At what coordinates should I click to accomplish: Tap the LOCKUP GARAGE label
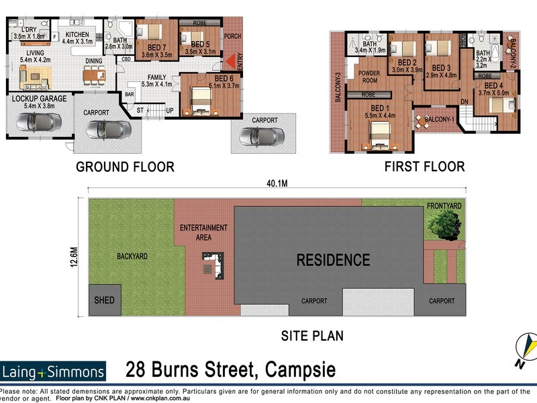click(40, 99)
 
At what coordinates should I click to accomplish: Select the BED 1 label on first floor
click(379, 108)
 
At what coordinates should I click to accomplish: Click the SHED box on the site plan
click(104, 301)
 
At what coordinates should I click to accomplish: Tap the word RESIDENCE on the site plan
click(333, 260)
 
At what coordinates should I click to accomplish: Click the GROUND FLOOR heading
click(124, 167)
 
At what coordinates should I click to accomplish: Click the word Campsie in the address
click(301, 370)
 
